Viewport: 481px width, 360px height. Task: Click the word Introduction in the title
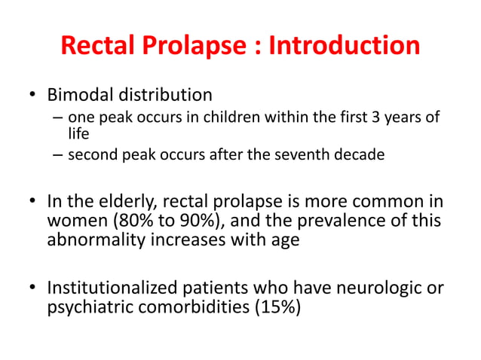pos(345,45)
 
